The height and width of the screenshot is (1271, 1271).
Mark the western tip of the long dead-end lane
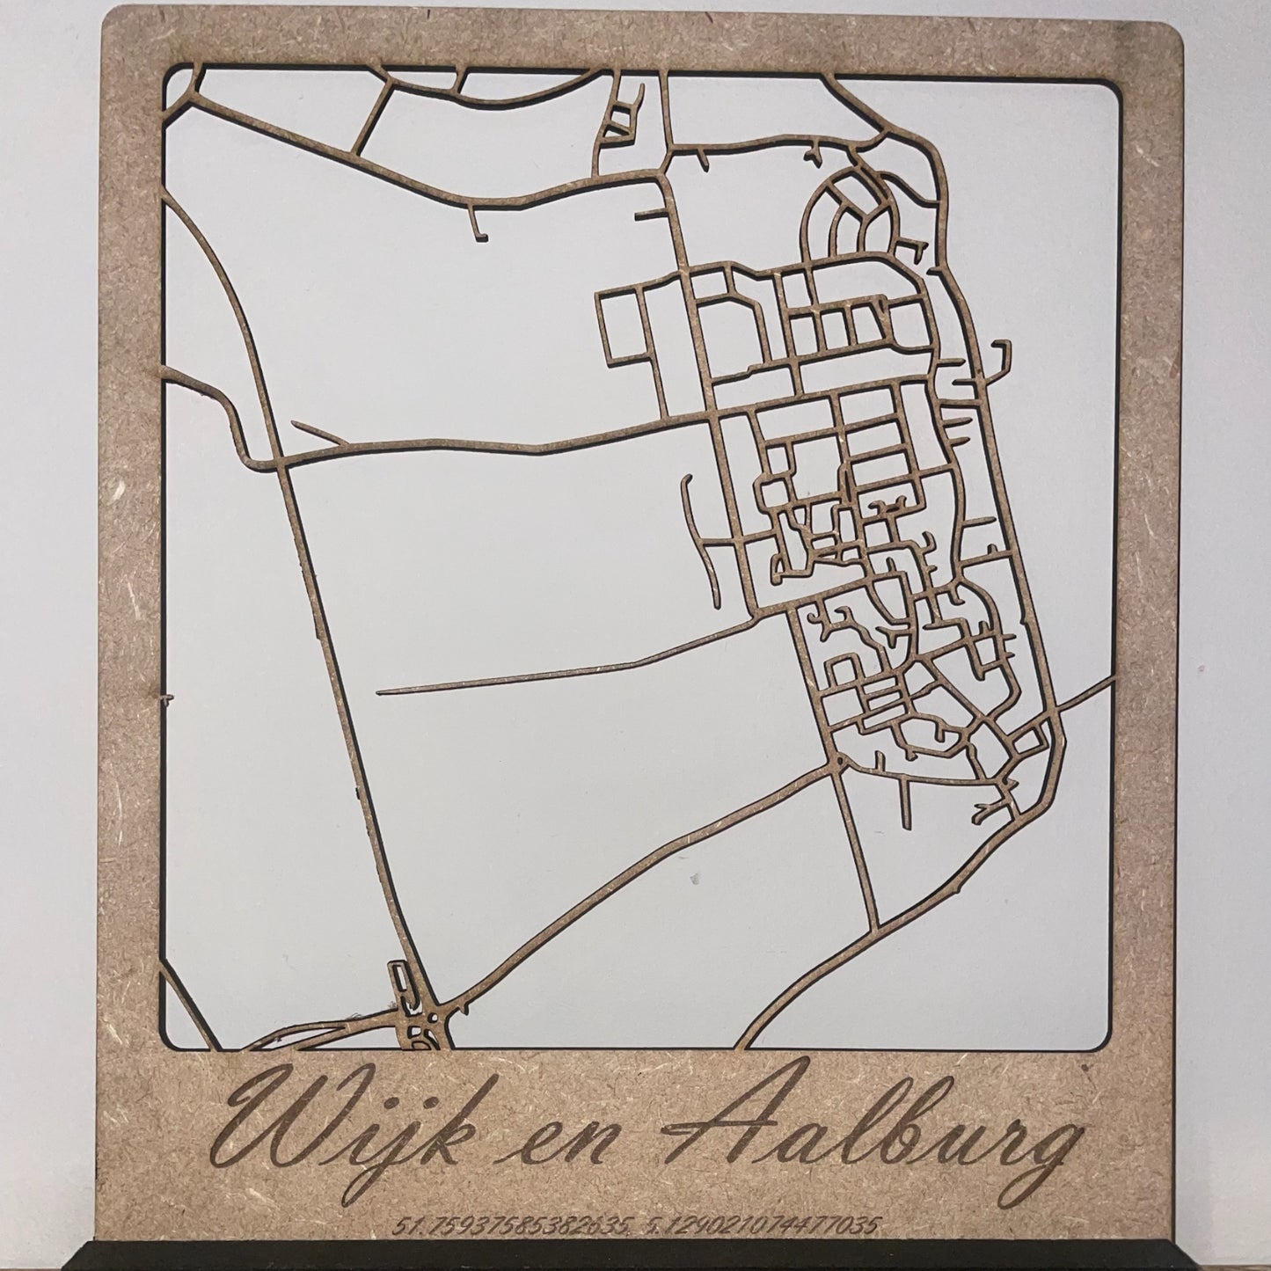pyautogui.click(x=380, y=693)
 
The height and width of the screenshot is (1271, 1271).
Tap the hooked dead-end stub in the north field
pyautogui.click(x=479, y=226)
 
